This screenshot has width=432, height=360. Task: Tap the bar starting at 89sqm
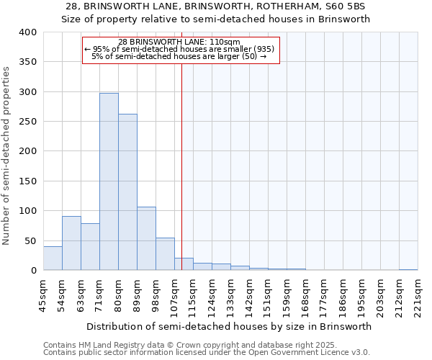(x=146, y=238)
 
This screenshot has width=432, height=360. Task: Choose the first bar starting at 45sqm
(x=53, y=258)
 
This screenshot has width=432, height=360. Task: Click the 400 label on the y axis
(x=27, y=32)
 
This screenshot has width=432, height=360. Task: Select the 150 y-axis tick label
(x=27, y=181)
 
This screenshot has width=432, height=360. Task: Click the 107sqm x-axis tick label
(x=174, y=295)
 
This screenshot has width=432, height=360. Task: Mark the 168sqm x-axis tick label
(x=305, y=295)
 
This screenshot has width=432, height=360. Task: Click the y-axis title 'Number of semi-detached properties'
(x=7, y=156)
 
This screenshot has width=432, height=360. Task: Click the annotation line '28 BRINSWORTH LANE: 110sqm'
(x=180, y=42)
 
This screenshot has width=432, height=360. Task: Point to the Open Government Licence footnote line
(x=207, y=353)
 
